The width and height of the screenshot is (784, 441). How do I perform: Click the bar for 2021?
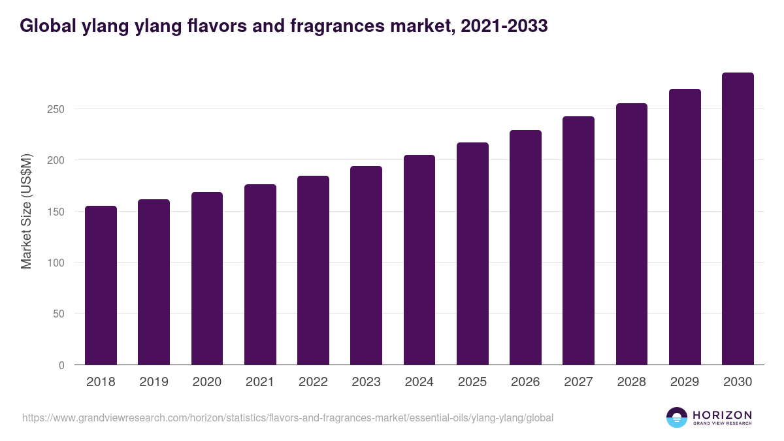(260, 274)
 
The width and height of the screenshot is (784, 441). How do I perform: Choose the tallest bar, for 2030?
(738, 219)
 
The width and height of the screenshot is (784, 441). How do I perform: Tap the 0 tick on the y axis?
(61, 365)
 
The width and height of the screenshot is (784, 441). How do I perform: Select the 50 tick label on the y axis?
(59, 314)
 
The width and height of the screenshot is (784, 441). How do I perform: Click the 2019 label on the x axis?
(154, 382)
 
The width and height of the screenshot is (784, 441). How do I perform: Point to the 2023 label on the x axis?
(366, 382)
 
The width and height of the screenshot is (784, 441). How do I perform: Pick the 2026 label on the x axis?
(525, 382)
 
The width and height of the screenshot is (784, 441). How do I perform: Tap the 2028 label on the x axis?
(632, 382)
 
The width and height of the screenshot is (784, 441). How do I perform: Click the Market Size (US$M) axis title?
(26, 212)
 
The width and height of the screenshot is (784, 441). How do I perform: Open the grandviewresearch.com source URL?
(287, 417)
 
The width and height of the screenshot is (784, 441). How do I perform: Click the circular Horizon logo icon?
(677, 417)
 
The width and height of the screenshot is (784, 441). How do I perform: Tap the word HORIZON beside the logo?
(722, 415)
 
